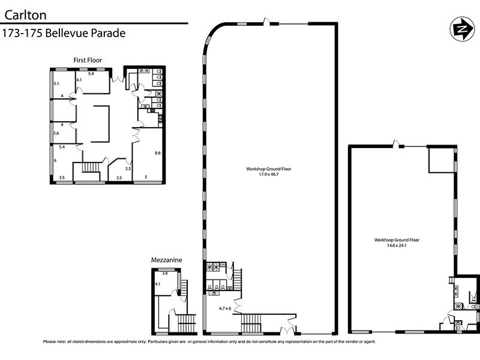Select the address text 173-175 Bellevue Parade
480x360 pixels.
pos(64,33)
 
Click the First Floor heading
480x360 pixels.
pos(88,59)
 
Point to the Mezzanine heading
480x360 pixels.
pos(167,260)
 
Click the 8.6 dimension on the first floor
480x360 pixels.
pos(158,154)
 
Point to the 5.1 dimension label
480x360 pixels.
pos(56,83)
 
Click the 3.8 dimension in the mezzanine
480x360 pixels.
pos(166,273)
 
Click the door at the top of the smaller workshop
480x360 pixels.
pos(395,144)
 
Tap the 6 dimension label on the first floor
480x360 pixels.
pos(55,160)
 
